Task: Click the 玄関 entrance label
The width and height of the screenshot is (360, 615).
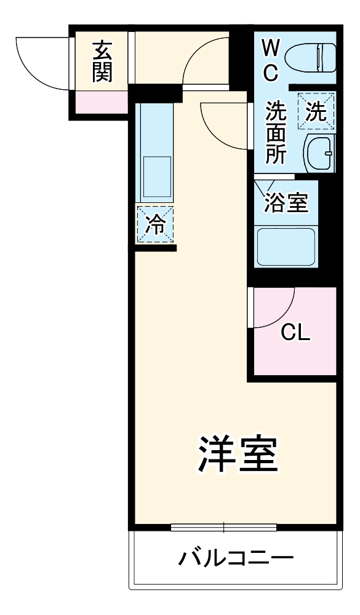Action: click(x=101, y=61)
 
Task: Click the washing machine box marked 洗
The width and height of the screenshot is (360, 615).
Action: click(x=316, y=111)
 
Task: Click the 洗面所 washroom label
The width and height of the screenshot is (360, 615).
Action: click(x=275, y=133)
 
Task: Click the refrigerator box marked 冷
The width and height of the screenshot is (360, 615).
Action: click(x=155, y=224)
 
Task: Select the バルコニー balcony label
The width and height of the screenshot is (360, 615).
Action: click(x=236, y=559)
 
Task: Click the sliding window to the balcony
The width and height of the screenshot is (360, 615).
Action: click(x=223, y=526)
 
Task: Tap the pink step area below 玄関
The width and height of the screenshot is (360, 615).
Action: click(x=102, y=102)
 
